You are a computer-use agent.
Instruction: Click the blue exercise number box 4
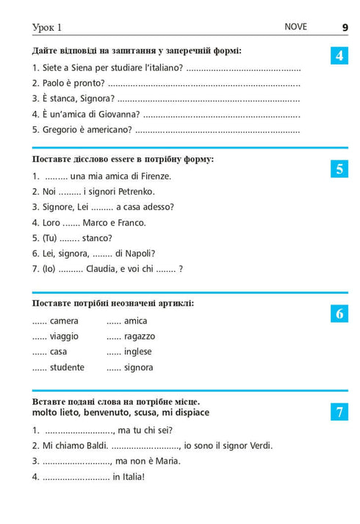339,55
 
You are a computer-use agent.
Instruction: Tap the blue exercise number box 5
339,168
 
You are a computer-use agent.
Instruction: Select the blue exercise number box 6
339,314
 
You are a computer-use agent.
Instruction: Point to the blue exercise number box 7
339,412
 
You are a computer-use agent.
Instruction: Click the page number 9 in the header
345,27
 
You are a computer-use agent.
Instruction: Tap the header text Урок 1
47,28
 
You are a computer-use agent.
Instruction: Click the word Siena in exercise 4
76,68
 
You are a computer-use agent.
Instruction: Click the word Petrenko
150,191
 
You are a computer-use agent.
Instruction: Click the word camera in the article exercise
64,321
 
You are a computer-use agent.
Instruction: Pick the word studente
67,367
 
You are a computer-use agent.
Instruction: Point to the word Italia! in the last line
129,476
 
